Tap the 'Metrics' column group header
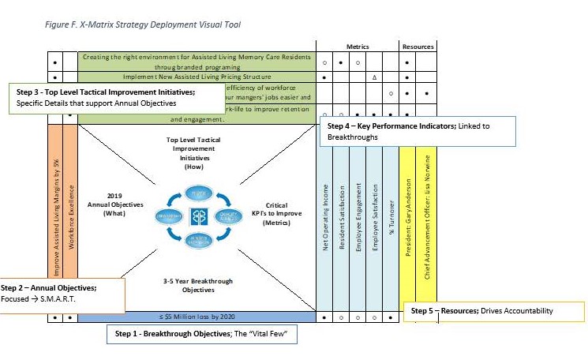point(358,47)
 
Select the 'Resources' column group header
point(418,47)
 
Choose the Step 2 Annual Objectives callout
point(62,294)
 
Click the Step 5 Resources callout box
point(493,311)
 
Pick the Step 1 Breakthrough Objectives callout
point(201,334)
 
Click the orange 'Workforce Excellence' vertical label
point(71,218)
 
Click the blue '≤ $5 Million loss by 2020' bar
point(195,317)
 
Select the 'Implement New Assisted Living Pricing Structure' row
point(196,77)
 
